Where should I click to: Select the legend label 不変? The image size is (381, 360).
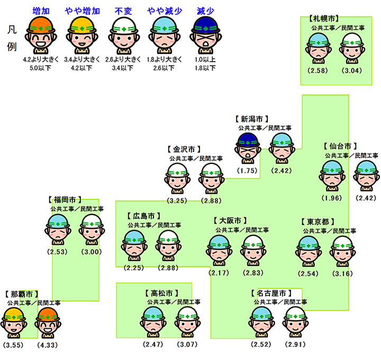[x=123, y=10]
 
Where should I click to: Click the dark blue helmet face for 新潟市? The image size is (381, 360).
[x=248, y=148]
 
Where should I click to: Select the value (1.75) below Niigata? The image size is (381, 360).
[x=247, y=170]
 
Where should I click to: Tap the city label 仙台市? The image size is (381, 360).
[x=340, y=146]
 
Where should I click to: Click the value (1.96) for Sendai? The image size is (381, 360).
[x=332, y=198]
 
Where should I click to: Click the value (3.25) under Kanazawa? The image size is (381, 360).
[x=177, y=201]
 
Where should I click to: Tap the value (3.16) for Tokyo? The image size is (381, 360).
[x=343, y=273]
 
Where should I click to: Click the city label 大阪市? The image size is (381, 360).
[x=230, y=221]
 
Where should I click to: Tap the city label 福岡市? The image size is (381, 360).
[x=65, y=200]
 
